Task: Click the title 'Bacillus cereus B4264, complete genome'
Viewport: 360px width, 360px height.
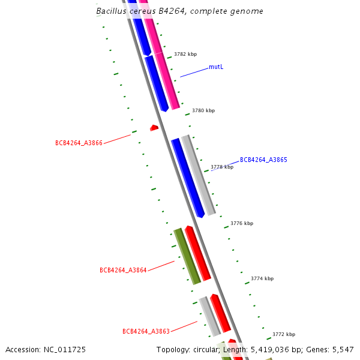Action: click(179, 11)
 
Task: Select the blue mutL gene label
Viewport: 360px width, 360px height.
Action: click(216, 67)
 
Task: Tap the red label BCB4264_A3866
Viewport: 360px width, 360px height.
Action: click(79, 143)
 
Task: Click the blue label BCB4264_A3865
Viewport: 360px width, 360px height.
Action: click(263, 160)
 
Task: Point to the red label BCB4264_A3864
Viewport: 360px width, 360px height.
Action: click(123, 270)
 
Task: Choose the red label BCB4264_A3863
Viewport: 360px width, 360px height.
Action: click(146, 331)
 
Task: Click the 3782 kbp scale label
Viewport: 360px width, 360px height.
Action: click(185, 55)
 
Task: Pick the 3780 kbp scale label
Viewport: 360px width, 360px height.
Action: click(203, 111)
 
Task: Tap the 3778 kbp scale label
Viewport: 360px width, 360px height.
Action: click(222, 167)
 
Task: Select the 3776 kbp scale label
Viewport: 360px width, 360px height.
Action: click(242, 223)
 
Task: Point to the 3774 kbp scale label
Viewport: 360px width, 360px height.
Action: click(262, 279)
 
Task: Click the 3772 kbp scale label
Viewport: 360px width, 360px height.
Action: click(284, 335)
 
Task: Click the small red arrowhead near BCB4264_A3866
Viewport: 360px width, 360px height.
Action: click(154, 128)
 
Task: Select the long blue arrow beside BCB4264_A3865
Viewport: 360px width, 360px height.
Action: click(188, 178)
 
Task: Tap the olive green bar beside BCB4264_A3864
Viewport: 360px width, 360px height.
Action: click(187, 256)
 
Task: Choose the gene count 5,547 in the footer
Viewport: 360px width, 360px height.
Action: click(341, 349)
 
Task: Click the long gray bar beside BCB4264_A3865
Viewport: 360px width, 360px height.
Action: click(199, 174)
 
